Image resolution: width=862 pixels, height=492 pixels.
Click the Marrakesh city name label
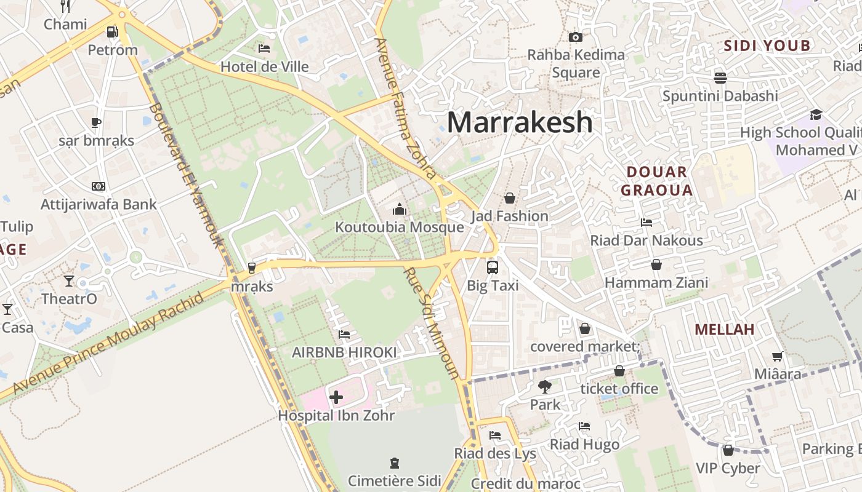coord(520,122)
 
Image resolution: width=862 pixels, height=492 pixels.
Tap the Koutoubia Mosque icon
coord(400,210)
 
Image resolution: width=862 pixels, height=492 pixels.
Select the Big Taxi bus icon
coord(493,268)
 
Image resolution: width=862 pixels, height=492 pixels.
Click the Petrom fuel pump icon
coord(112,32)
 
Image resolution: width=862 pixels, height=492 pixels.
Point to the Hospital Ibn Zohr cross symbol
coord(336,397)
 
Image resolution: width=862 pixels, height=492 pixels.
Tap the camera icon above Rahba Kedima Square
coord(576,38)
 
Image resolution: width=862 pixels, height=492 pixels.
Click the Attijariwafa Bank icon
coord(98,186)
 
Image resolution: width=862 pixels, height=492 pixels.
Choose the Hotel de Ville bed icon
coord(264,49)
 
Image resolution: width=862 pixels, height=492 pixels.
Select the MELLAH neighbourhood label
coord(724,329)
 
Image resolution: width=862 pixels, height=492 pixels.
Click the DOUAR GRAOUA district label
coord(656,181)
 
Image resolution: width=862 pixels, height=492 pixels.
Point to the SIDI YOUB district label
coord(767,46)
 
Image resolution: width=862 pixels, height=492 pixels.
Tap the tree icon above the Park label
coord(544,387)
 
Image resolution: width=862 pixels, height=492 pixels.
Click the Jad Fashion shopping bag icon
coord(509,198)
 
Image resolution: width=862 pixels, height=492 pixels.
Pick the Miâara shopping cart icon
coord(778,356)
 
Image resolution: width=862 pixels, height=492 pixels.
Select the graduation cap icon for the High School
coord(816,114)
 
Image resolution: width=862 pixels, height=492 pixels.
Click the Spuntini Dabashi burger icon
coord(720,77)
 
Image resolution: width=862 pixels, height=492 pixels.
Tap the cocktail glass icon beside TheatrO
coord(68,281)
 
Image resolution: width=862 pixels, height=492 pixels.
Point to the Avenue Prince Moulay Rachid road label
coord(108,344)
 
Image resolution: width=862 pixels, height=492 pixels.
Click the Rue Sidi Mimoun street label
coord(432,323)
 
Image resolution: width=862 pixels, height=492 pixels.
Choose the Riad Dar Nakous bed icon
coord(646,223)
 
